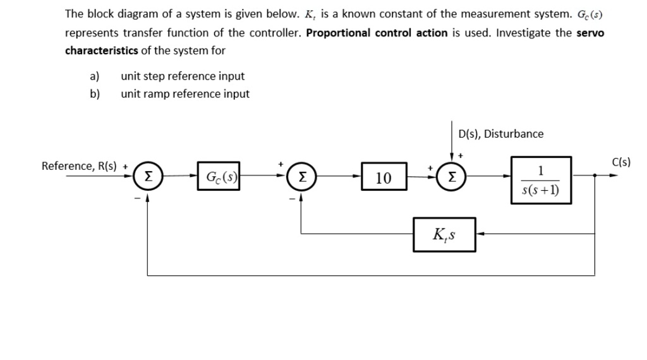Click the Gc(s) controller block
(x=217, y=176)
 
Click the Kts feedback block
(x=444, y=234)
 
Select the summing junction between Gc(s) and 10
(x=300, y=177)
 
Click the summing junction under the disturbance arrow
(x=453, y=177)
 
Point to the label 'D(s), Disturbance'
(x=500, y=134)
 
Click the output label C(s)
(x=621, y=162)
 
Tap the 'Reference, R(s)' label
(x=79, y=166)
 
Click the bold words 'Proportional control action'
(x=377, y=33)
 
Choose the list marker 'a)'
(x=95, y=76)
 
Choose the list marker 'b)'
(x=95, y=94)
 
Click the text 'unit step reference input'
(x=183, y=76)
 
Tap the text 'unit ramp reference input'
(x=185, y=94)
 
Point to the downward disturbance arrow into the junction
(x=452, y=145)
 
